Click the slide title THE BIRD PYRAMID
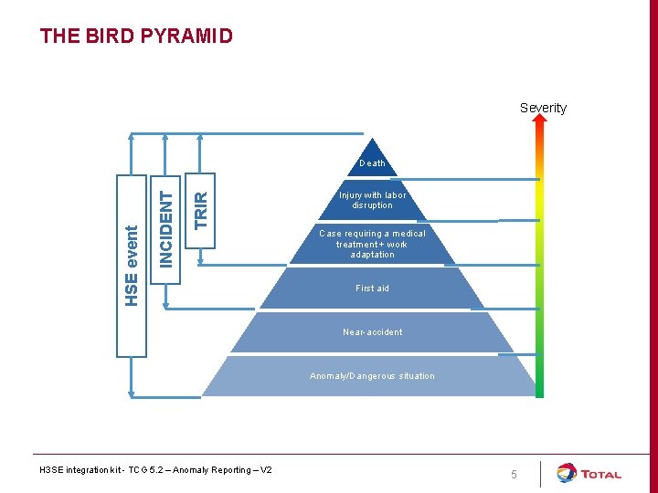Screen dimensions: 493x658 [x=136, y=37]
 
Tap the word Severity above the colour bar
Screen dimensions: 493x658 [x=543, y=108]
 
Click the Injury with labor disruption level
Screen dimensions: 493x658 [x=372, y=200]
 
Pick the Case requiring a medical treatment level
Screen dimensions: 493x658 [x=372, y=244]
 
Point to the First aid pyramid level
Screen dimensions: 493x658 [x=372, y=288]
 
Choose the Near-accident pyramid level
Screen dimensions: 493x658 [x=372, y=332]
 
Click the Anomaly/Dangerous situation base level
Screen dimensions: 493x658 [x=372, y=376]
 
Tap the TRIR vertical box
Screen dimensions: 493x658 [x=200, y=211]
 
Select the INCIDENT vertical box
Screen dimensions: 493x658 [x=165, y=229]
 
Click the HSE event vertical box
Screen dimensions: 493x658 [x=132, y=265]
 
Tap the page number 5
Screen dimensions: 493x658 [x=514, y=475]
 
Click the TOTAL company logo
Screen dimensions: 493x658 [x=589, y=474]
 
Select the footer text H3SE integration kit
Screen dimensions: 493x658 [x=155, y=470]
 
